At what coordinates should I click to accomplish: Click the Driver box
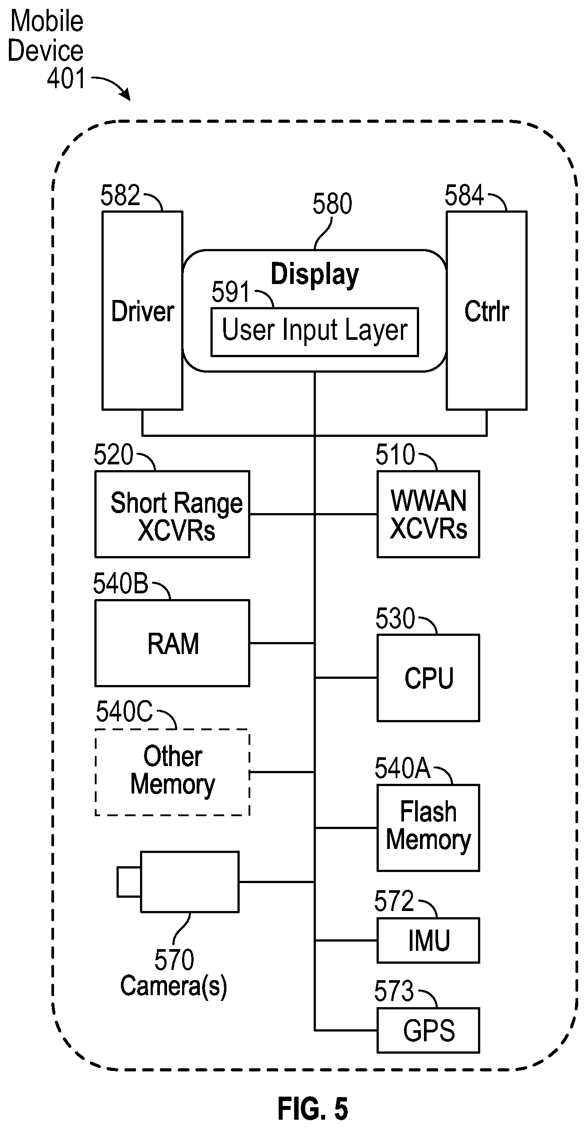(x=142, y=310)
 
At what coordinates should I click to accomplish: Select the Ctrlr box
(x=486, y=310)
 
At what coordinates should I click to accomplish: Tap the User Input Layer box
(x=315, y=331)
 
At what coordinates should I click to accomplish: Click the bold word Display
(x=315, y=275)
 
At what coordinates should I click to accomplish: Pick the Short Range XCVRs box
(x=172, y=514)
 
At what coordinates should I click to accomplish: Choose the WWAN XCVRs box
(x=428, y=514)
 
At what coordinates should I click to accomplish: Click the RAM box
(x=172, y=643)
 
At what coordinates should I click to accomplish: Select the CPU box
(x=428, y=677)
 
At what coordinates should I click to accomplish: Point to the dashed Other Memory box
(x=172, y=772)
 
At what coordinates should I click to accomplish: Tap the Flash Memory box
(x=428, y=828)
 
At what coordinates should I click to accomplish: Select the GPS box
(x=428, y=1030)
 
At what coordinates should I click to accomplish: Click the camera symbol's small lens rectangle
(x=129, y=882)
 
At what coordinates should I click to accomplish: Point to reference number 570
(x=174, y=960)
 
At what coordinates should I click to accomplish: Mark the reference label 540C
(x=124, y=712)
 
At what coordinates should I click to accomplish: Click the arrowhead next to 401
(x=126, y=94)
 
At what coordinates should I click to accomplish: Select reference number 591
(x=231, y=292)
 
